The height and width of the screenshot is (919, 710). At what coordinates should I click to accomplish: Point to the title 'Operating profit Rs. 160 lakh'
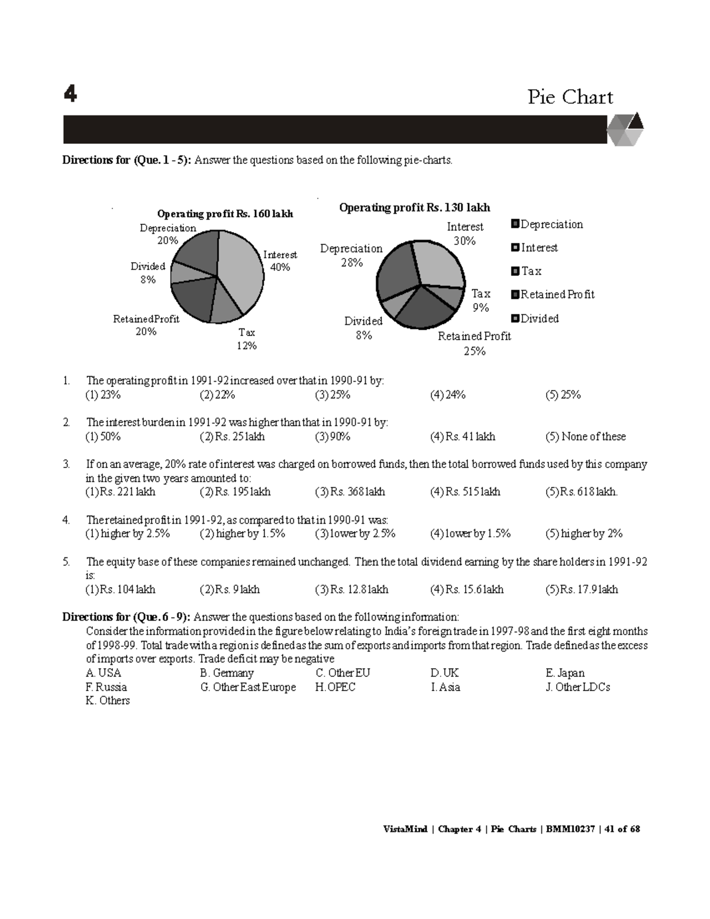tap(224, 214)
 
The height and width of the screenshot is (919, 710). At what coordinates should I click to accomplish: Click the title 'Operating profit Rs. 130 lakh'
tap(414, 207)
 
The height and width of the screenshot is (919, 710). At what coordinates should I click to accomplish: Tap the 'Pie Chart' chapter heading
tap(570, 96)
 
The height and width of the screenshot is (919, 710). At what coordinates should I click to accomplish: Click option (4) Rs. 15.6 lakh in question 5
tap(467, 589)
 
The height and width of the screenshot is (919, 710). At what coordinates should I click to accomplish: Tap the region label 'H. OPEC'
tap(335, 687)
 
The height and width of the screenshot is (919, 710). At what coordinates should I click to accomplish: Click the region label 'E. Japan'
tap(564, 673)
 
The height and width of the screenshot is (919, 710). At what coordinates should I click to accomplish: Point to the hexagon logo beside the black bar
tap(625, 129)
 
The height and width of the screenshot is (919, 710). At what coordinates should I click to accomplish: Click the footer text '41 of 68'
tap(622, 829)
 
